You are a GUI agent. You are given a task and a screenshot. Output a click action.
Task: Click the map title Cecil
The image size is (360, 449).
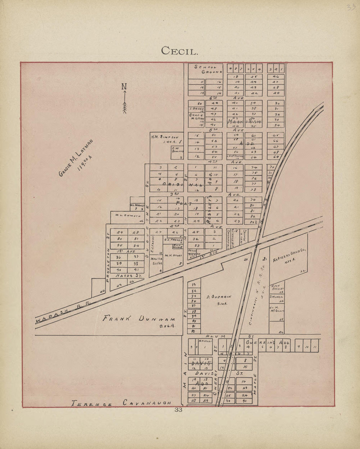(x=179, y=51)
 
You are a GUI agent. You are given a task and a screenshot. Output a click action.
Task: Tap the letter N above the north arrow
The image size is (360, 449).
(x=124, y=87)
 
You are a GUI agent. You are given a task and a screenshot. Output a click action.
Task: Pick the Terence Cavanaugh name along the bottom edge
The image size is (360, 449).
(x=121, y=403)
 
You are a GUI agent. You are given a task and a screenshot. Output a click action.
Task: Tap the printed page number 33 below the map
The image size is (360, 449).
(x=178, y=410)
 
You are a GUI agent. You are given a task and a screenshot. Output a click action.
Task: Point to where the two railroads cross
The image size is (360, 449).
(x=258, y=243)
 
